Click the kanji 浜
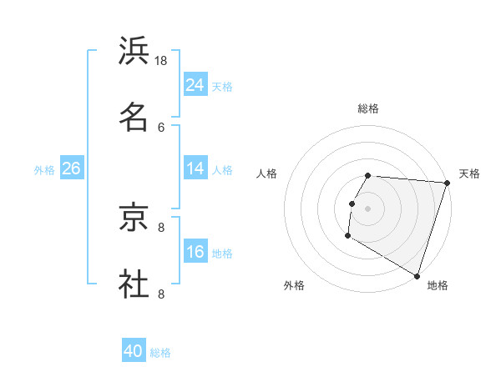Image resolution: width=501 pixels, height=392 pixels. click(134, 52)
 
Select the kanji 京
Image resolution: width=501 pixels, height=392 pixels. click(134, 218)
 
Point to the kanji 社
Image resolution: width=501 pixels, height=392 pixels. click(134, 283)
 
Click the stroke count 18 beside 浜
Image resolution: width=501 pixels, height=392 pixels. click(161, 61)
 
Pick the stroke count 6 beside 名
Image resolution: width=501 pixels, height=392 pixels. click(161, 127)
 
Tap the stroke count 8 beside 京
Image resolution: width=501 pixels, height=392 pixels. click(161, 227)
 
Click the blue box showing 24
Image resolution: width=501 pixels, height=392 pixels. click(195, 85)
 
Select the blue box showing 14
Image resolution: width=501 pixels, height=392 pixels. click(195, 168)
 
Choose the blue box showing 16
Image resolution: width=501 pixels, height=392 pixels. click(195, 252)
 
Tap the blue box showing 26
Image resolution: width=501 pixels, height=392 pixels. click(71, 168)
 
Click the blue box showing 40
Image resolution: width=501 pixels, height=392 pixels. click(134, 351)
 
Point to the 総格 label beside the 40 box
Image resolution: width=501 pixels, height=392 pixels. click(160, 353)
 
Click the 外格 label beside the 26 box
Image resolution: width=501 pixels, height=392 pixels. click(44, 170)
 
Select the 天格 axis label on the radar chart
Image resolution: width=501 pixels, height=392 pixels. click(469, 173)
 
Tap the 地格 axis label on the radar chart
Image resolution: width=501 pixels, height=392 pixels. click(438, 285)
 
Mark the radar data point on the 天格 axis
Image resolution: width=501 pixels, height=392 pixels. click(447, 183)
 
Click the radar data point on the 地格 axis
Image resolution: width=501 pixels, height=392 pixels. click(417, 276)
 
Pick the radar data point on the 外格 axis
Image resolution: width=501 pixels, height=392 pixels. click(347, 236)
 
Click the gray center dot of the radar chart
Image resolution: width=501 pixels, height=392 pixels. click(367, 208)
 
